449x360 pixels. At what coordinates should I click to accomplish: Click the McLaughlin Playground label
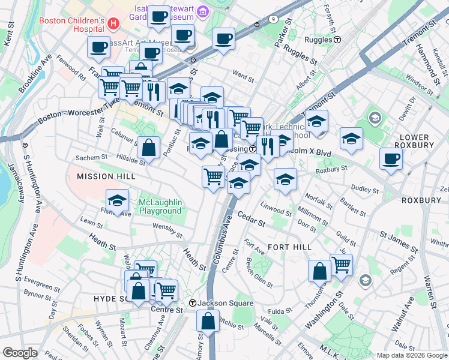[160, 206]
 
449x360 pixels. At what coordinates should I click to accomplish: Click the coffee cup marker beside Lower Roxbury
[391, 159]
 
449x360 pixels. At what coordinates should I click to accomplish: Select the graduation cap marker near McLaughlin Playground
[118, 200]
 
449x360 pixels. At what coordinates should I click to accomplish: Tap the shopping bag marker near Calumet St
[148, 147]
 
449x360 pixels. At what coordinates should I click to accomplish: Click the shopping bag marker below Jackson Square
[208, 322]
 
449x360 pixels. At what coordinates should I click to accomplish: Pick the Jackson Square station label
[225, 303]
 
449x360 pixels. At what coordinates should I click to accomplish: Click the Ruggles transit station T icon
[338, 40]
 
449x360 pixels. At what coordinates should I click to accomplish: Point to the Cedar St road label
[251, 219]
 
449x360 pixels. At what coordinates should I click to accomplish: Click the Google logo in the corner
[20, 353]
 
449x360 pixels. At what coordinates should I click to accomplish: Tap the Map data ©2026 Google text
[411, 355]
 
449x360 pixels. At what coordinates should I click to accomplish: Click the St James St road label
[397, 240]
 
